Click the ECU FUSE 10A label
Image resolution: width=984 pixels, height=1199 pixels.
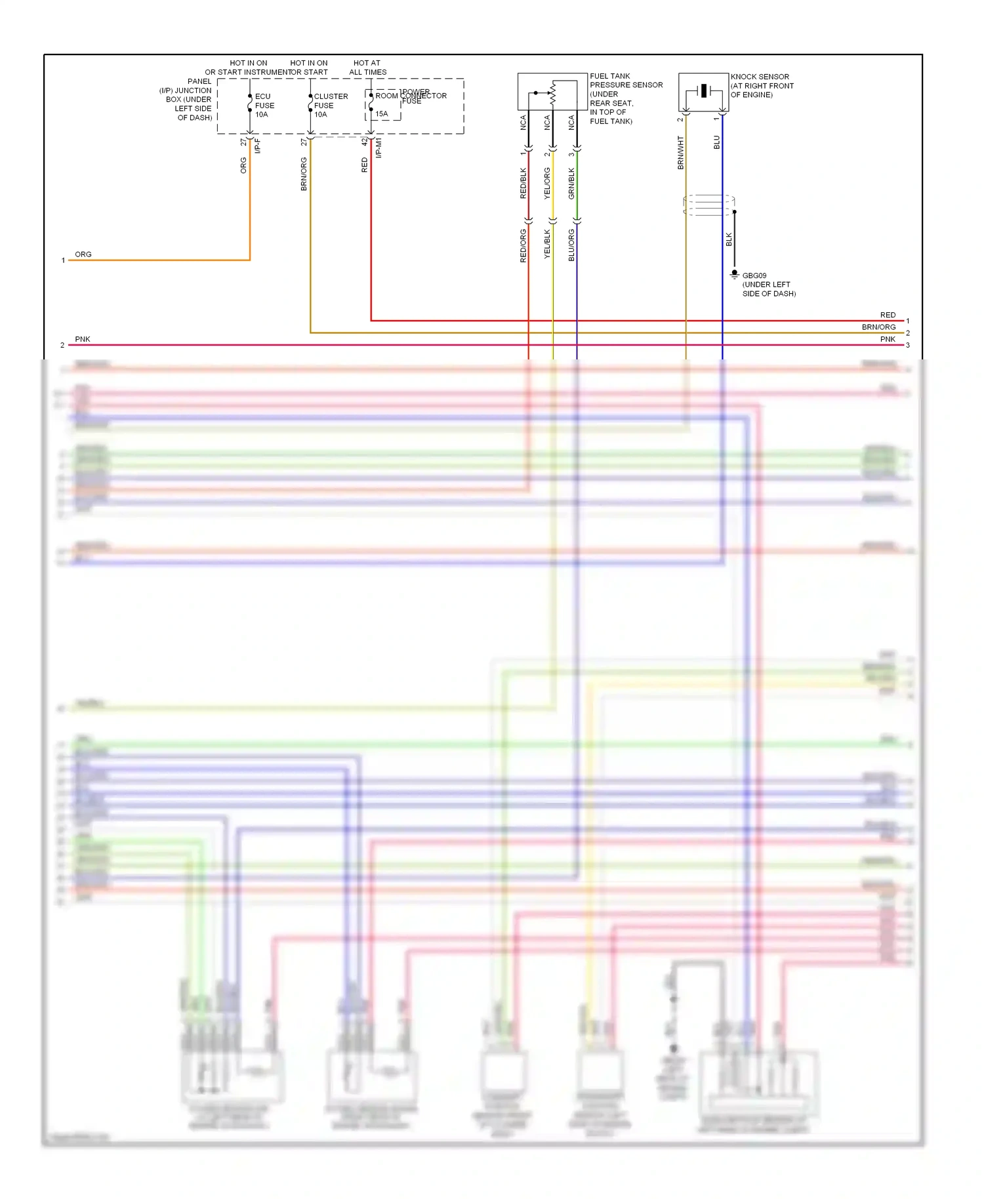coord(264,106)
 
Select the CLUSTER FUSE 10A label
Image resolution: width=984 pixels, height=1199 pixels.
coord(330,106)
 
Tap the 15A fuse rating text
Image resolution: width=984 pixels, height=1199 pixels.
coord(381,114)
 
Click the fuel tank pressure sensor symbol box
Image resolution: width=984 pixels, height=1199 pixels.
coord(552,92)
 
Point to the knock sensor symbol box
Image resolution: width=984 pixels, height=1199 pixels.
coord(703,92)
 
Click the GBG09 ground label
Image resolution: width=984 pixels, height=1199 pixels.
coord(754,276)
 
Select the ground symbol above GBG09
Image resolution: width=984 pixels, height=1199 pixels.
coord(735,274)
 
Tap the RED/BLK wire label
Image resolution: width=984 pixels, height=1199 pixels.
coord(523,183)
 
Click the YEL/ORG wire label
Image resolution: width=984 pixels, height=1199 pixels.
coord(547,183)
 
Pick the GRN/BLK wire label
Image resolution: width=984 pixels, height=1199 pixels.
coord(571,183)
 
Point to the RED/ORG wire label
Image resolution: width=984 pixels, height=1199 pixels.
coord(523,246)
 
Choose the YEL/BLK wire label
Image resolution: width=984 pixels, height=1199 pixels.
coord(547,244)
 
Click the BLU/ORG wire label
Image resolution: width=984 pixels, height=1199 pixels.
coord(571,245)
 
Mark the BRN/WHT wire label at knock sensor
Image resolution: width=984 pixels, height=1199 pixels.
coord(680,153)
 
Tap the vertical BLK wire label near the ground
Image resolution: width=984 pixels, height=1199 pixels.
coord(729,240)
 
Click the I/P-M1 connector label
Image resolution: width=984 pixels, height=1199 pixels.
coord(379,148)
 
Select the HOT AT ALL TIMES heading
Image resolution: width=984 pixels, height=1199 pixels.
coord(367,68)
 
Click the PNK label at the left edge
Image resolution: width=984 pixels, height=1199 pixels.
coord(83,339)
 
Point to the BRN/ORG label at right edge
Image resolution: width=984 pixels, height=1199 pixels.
coord(878,327)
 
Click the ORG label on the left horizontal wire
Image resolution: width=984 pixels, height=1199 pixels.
coord(83,254)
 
